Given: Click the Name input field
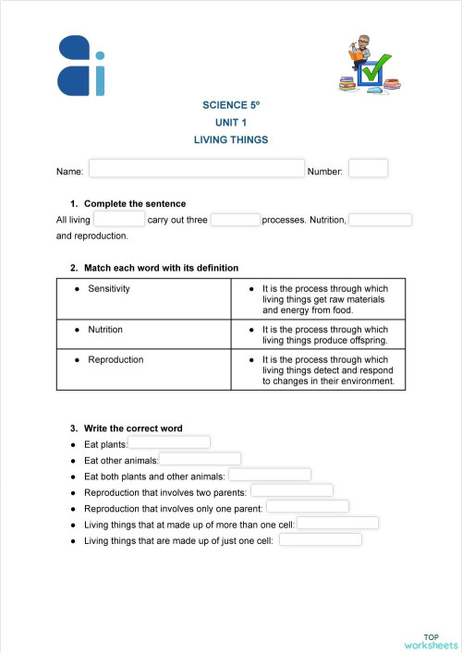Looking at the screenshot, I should click(x=197, y=169).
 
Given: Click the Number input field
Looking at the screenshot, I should click(x=368, y=169).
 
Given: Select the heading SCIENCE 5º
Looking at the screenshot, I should click(x=231, y=105).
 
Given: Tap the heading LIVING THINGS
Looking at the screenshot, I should click(x=231, y=140).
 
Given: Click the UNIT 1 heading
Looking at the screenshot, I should click(x=231, y=123).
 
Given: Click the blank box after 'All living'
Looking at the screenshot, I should click(x=119, y=219).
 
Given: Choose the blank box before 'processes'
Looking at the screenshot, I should click(x=236, y=220).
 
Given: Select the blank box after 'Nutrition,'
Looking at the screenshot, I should click(x=380, y=220).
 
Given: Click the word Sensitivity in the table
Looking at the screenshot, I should click(x=108, y=289).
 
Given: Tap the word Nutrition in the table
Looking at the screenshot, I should click(x=104, y=329).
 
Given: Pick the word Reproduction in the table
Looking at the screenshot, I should click(x=115, y=360).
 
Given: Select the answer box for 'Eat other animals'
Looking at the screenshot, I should click(x=201, y=459).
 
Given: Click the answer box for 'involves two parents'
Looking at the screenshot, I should click(x=292, y=490).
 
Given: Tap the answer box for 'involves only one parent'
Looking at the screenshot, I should click(x=308, y=506).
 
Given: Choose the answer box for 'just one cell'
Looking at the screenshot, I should click(x=321, y=539).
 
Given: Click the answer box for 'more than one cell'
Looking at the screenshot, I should click(x=337, y=523).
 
